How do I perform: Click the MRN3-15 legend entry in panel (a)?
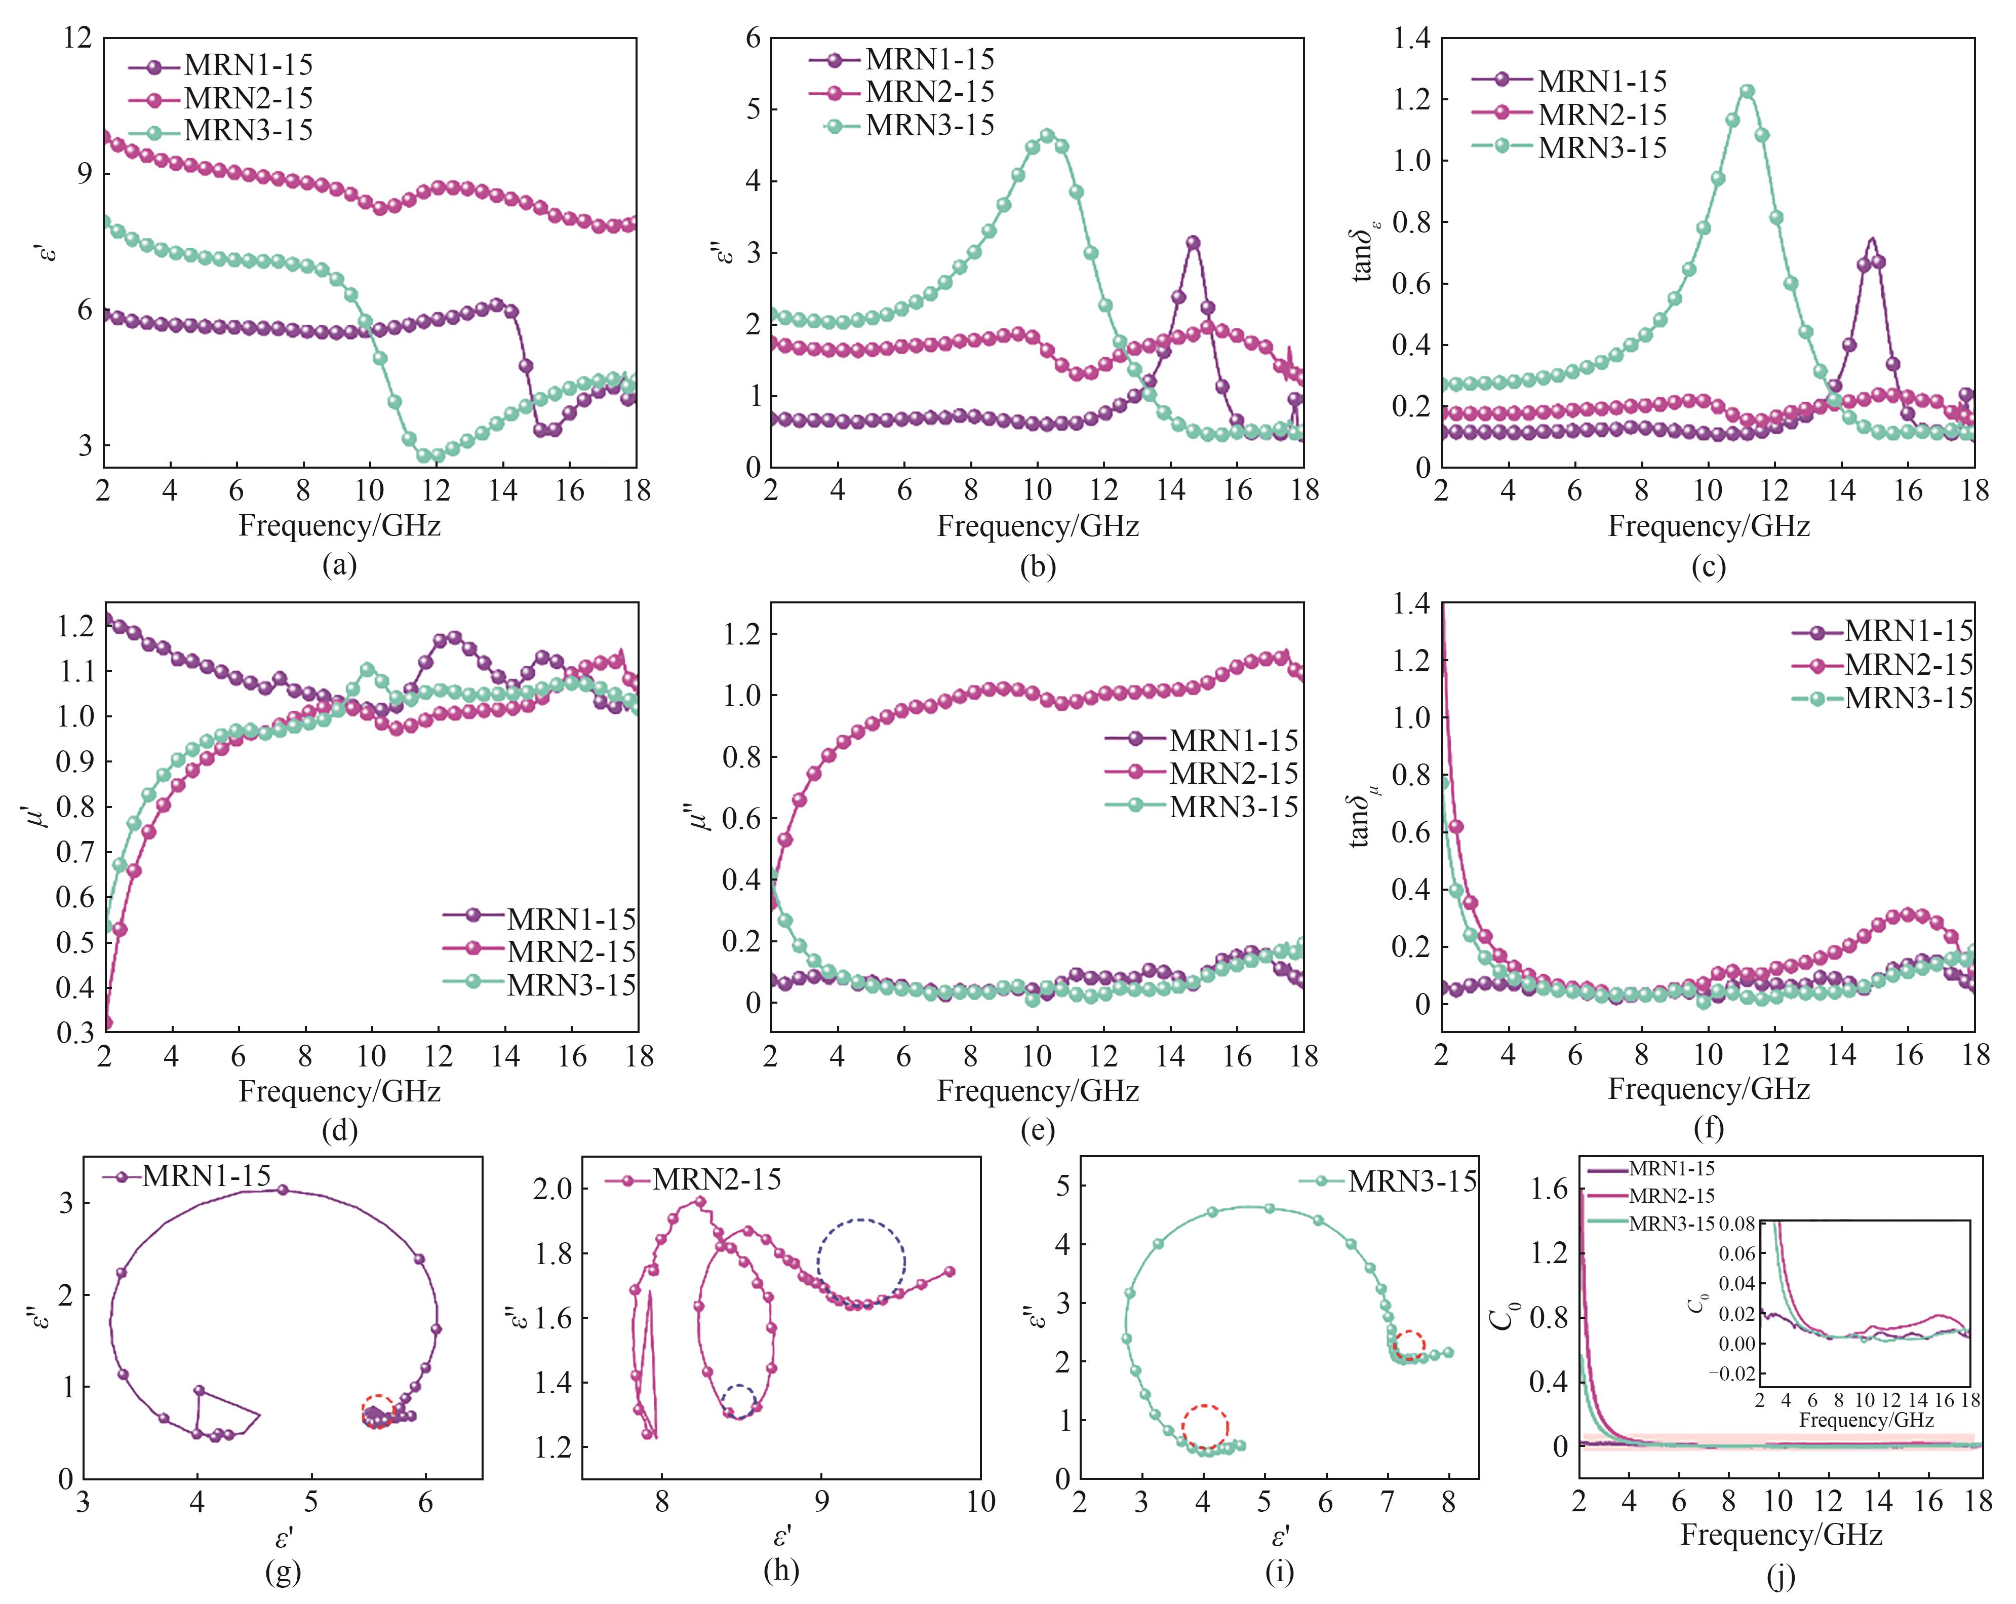pyautogui.click(x=248, y=131)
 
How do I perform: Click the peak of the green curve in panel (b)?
pyautogui.click(x=1047, y=136)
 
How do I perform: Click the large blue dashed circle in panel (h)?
pyautogui.click(x=860, y=1263)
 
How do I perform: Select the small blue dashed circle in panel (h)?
pyautogui.click(x=738, y=1402)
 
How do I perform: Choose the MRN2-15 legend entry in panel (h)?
pyautogui.click(x=716, y=1179)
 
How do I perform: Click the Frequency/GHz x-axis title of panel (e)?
pyautogui.click(x=1038, y=1091)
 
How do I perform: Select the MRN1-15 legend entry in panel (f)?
pyautogui.click(x=1908, y=631)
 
